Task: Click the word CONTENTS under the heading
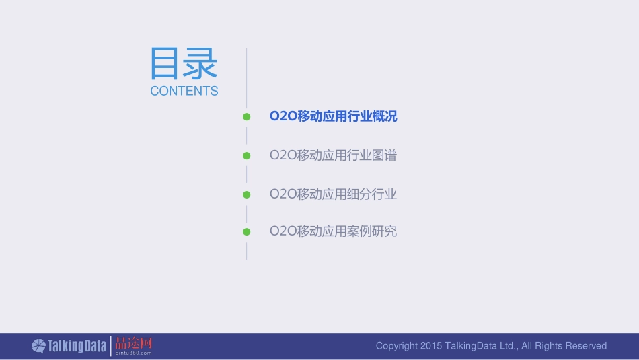[x=184, y=91]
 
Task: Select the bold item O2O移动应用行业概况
[x=333, y=116]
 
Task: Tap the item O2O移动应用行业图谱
[x=333, y=155]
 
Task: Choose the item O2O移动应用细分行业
[x=333, y=194]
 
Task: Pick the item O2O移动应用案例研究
[x=333, y=231]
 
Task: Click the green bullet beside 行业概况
[x=247, y=117]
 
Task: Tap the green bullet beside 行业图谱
[x=247, y=155]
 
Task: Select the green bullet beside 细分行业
[x=247, y=194]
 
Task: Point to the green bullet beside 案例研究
[x=247, y=231]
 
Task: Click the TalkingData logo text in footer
[x=77, y=346]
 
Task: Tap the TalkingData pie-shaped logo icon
[x=38, y=346]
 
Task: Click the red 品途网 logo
[x=134, y=343]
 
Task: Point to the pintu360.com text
[x=134, y=353]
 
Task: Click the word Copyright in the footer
[x=396, y=346]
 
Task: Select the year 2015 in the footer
[x=430, y=346]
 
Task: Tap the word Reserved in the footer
[x=586, y=346]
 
